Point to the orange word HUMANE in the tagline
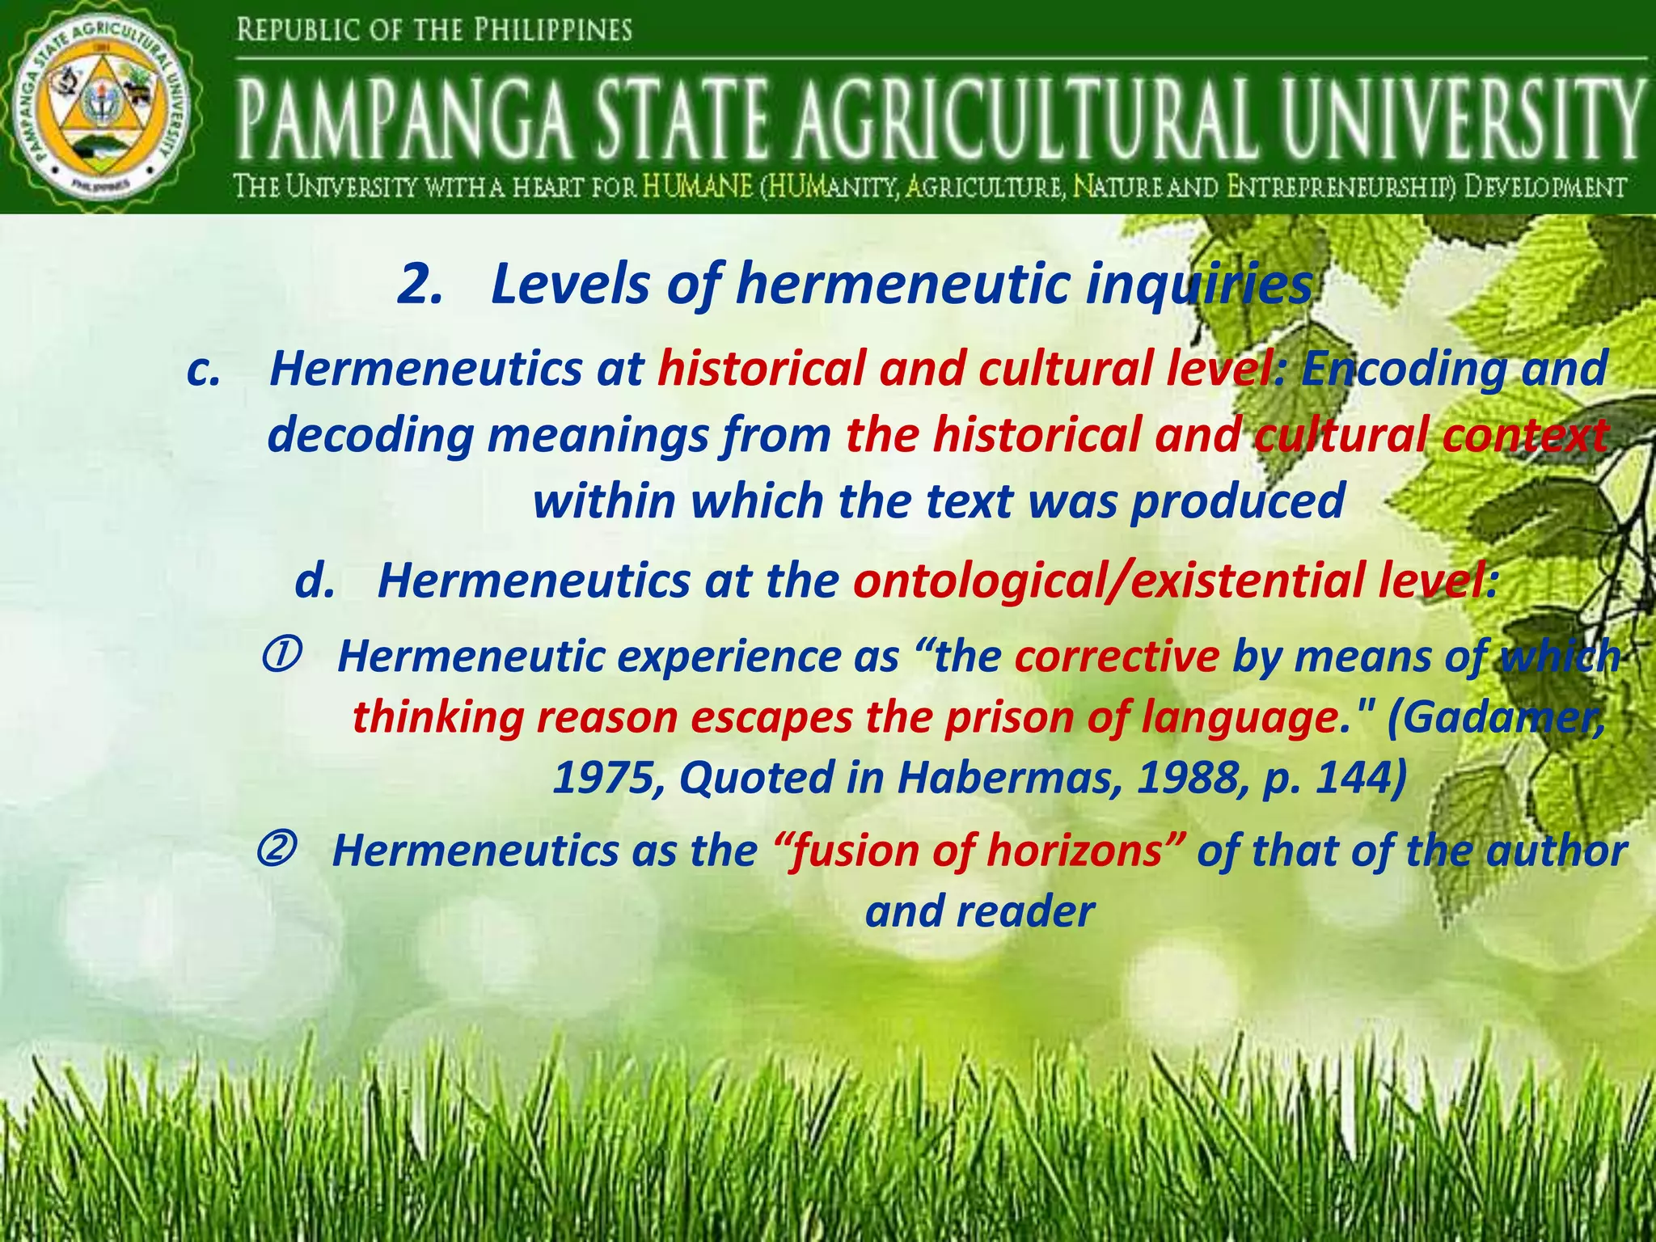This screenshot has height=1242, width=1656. (697, 188)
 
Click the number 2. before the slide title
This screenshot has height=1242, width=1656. (420, 285)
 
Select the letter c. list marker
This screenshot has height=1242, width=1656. (203, 370)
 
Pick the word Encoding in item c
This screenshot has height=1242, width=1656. (1404, 370)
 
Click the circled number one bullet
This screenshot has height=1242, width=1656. (281, 653)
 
